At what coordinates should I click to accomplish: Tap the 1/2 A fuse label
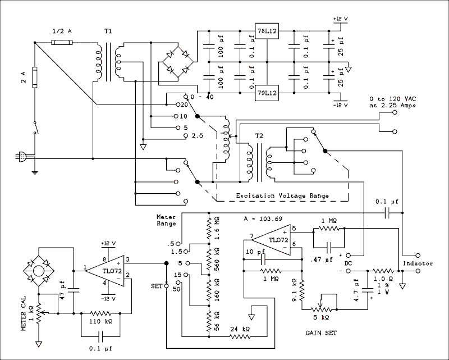(x=62, y=31)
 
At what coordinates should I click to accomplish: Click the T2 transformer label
(x=259, y=136)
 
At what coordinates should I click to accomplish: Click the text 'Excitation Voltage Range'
(x=282, y=195)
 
